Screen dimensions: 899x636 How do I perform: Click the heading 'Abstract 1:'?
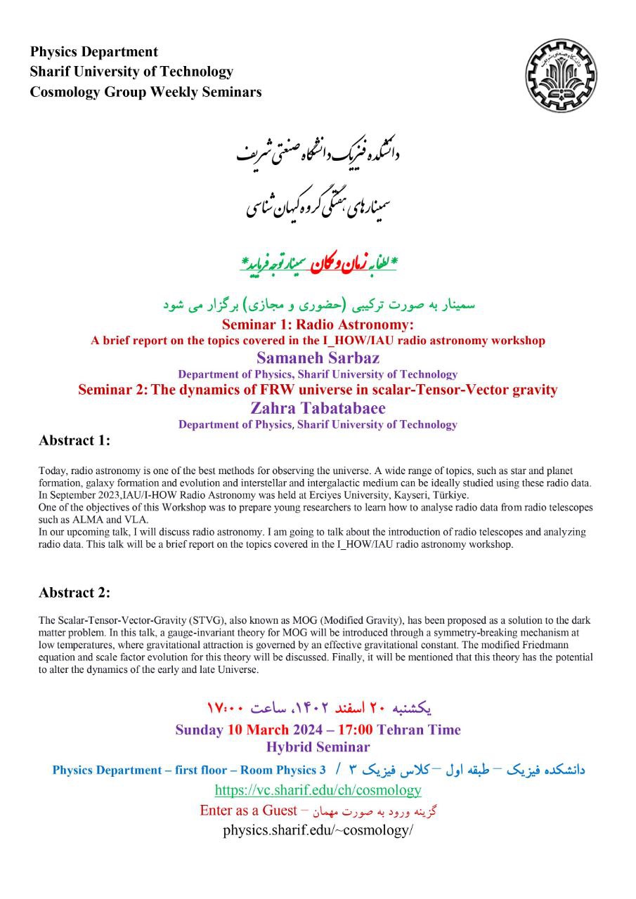74,440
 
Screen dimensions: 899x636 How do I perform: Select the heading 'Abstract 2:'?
74,592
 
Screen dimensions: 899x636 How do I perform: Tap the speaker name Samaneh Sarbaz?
318,358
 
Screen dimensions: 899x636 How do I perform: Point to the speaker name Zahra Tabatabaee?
318,407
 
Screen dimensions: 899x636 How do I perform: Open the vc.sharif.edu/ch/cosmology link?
318,789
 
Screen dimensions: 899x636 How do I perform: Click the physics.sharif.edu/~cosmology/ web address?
318,830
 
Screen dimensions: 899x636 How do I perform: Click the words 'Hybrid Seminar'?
318,747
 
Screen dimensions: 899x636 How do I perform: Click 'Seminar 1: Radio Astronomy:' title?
318,324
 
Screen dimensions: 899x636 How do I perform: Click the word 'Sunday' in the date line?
199,729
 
